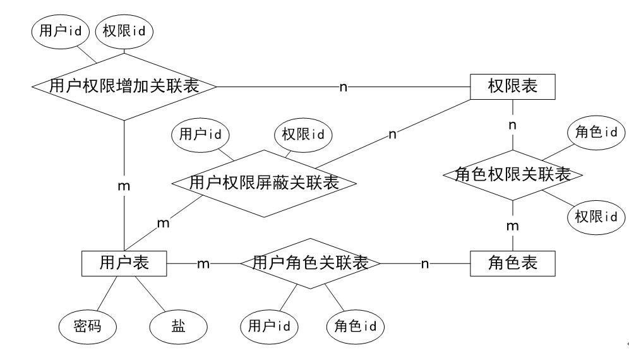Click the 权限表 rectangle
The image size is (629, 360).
(x=513, y=87)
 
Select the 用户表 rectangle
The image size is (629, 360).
(x=124, y=263)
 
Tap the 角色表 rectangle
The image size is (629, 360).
(x=513, y=263)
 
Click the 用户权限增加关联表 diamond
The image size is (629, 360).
(x=124, y=87)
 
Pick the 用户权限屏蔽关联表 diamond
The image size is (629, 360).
(x=264, y=183)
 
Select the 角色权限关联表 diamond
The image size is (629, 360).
(x=513, y=174)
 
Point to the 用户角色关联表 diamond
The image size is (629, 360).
(x=310, y=263)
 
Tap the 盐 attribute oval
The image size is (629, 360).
(x=179, y=327)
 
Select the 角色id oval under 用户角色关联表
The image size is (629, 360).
(x=356, y=327)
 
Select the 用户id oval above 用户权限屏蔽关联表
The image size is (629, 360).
(x=201, y=134)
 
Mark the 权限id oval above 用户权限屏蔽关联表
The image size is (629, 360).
(x=303, y=134)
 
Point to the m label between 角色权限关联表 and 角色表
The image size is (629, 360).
(x=513, y=225)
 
